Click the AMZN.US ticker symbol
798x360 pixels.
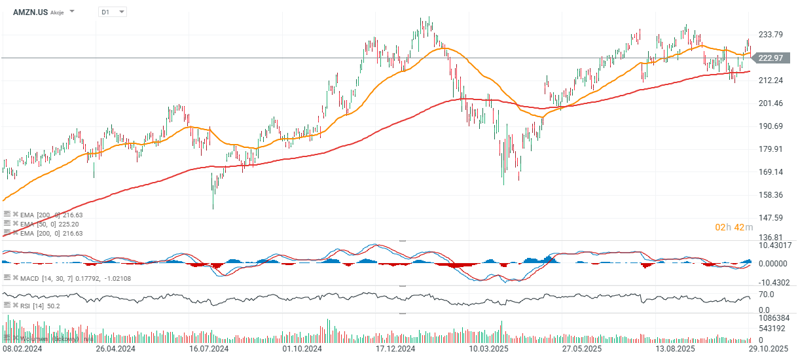[29, 12]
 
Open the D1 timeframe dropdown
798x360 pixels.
[113, 12]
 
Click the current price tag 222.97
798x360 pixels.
[770, 58]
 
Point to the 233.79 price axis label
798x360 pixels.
[771, 35]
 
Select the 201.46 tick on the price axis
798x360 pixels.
[771, 103]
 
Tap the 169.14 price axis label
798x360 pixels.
[771, 172]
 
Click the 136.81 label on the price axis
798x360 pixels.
[771, 237]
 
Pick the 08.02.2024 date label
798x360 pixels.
[24, 350]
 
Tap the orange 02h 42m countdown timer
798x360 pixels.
[730, 227]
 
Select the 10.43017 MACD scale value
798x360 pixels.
[774, 245]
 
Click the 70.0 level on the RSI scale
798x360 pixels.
[766, 295]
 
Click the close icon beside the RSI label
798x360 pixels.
[15, 305]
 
